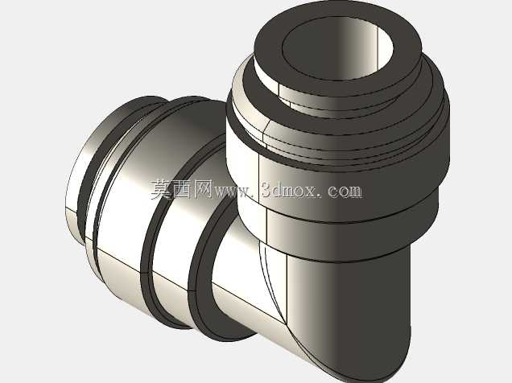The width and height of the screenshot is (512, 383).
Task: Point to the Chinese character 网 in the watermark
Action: [203, 190]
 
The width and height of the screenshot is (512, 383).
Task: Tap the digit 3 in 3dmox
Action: [267, 190]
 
